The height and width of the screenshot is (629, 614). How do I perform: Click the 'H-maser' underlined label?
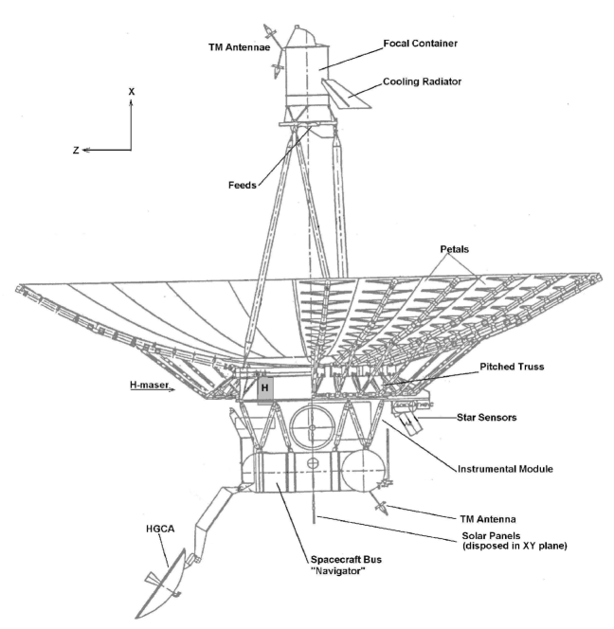[x=151, y=386]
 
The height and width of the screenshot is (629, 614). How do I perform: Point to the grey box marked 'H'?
[x=265, y=388]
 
